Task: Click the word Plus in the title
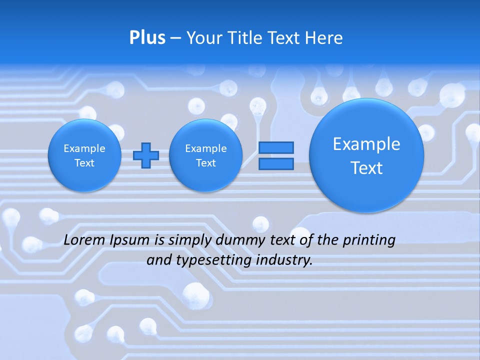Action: [x=147, y=38]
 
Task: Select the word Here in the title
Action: [x=324, y=38]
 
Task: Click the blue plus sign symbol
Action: [x=145, y=155]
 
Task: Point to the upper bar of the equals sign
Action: [x=275, y=147]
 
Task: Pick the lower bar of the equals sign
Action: [x=275, y=164]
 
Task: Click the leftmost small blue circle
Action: [x=84, y=155]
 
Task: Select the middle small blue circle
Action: [x=205, y=155]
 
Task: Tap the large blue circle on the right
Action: [x=366, y=155]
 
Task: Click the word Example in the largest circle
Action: [x=366, y=144]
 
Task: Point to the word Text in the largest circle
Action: [x=366, y=168]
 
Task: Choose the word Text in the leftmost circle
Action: [x=84, y=163]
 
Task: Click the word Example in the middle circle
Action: [x=205, y=148]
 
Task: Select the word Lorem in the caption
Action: [x=84, y=240]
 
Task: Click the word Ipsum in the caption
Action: [x=129, y=240]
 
